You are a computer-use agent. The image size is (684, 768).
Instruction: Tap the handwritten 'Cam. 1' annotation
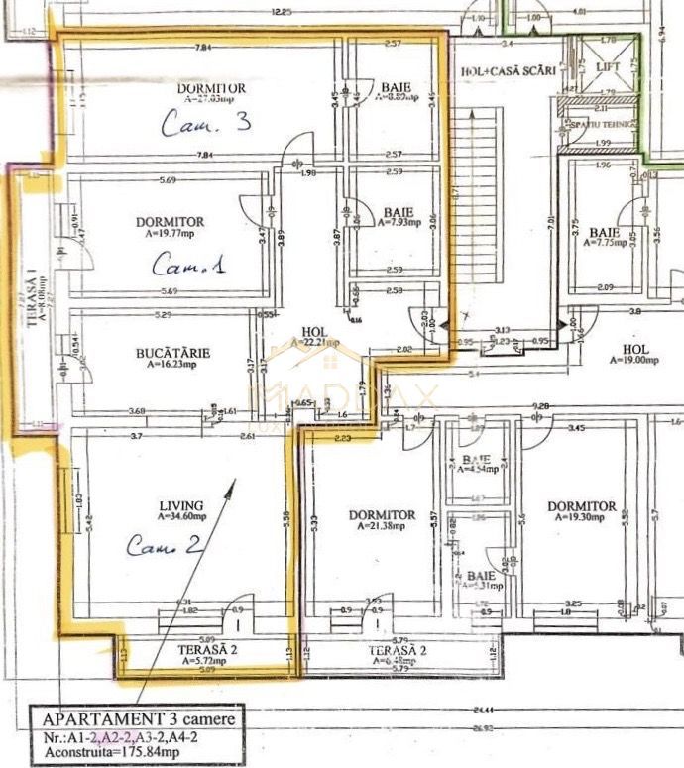[x=188, y=265]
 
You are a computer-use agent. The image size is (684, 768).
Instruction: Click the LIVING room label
[x=181, y=504]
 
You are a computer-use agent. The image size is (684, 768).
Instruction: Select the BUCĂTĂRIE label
[x=172, y=352]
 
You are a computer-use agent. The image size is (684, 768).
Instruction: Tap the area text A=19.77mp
[x=173, y=235]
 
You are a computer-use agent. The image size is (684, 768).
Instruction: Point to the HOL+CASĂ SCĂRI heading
[x=503, y=72]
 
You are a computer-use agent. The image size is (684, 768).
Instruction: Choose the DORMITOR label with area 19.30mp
[x=582, y=506]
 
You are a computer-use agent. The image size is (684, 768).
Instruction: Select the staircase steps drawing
[x=472, y=218]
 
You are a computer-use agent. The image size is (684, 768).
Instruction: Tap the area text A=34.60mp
[x=180, y=516]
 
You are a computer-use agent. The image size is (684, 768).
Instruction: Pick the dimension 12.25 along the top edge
[x=286, y=12]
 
